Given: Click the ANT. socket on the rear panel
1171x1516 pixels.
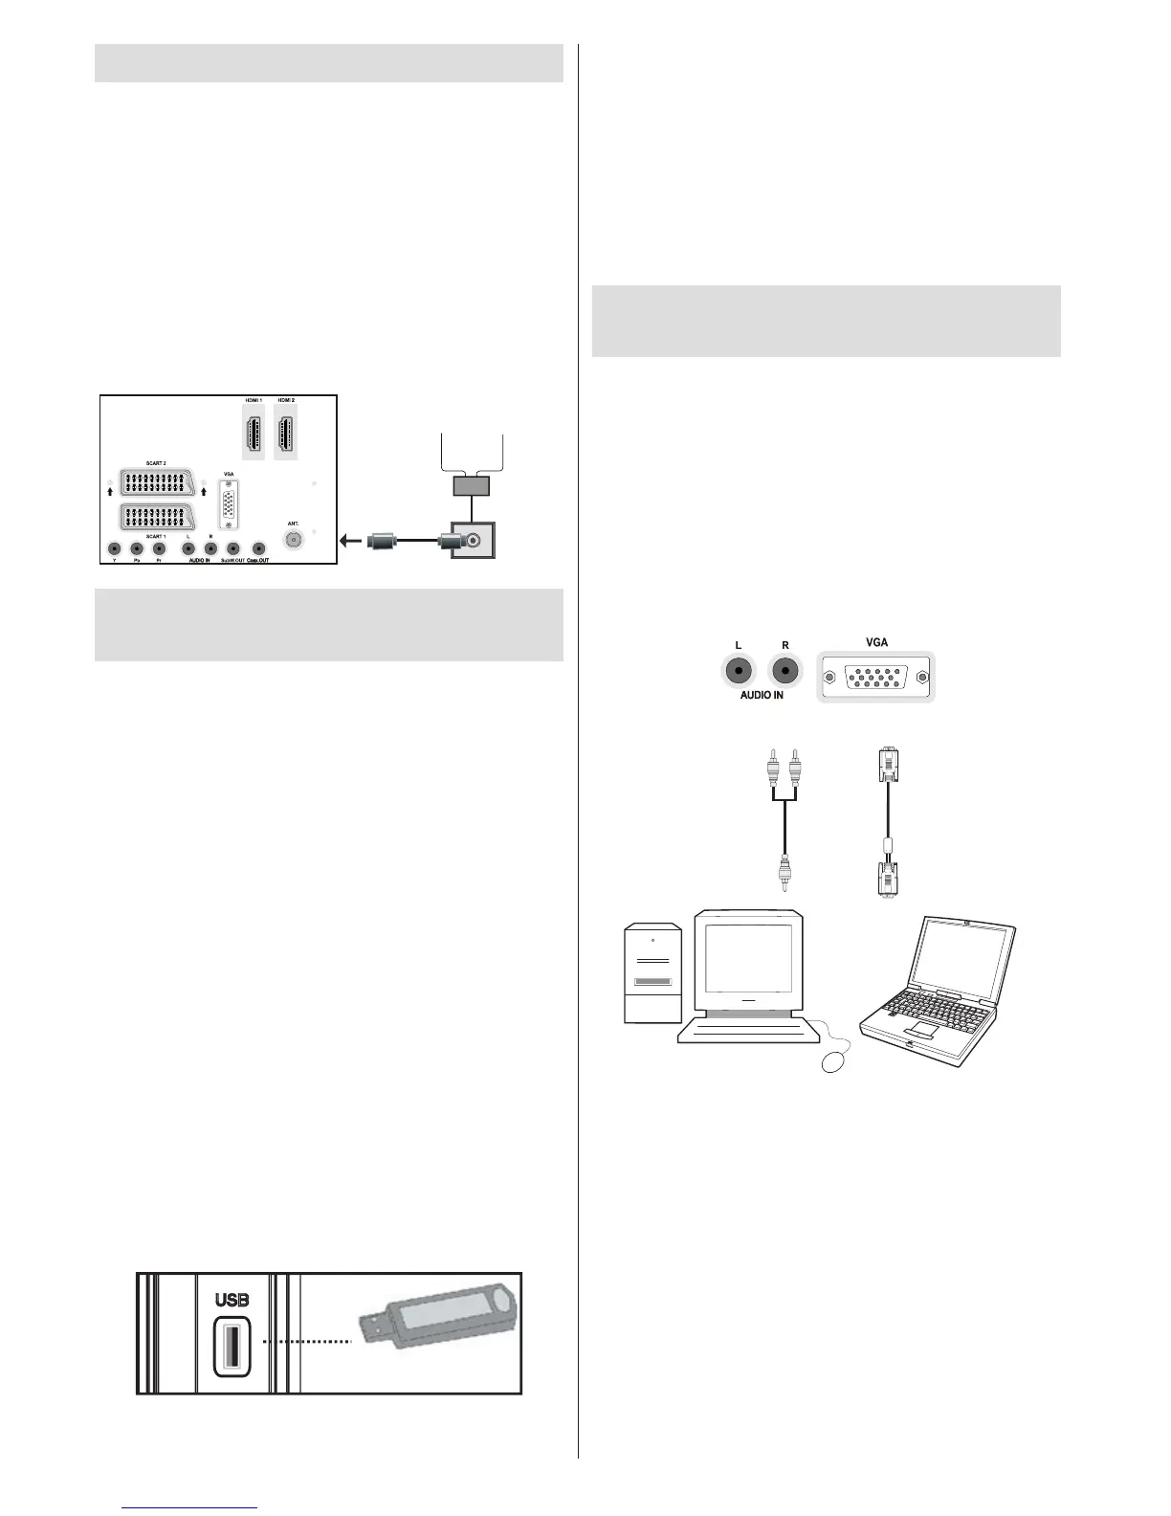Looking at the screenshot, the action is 293,540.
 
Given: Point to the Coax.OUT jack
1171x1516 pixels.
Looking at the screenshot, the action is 257,549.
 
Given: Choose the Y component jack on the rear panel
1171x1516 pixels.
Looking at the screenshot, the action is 115,549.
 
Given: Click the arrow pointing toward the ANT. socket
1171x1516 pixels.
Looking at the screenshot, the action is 351,542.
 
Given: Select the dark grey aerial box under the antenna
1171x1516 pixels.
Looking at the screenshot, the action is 471,485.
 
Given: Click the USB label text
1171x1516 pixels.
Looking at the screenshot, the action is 232,1300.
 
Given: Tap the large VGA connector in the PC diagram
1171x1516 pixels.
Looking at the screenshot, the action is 875,678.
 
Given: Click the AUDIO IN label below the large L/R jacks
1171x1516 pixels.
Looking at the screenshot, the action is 762,696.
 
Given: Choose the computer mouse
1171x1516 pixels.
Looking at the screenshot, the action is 833,1061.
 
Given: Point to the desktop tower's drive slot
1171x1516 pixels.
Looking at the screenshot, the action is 652,983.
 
